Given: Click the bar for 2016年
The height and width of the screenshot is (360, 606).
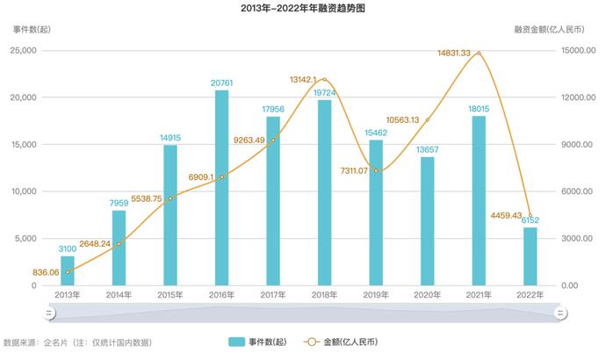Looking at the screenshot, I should [221, 188].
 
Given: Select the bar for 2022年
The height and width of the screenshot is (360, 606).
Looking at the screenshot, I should [530, 256].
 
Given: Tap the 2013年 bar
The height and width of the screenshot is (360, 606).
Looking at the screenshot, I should [68, 270].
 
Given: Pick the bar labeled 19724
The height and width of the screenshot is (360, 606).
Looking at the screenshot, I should [324, 192].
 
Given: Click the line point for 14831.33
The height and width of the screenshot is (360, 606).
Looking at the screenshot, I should [479, 54].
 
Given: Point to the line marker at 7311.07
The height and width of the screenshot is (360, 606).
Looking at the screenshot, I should [376, 170].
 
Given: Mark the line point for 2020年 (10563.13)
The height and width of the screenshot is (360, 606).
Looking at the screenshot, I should [427, 119].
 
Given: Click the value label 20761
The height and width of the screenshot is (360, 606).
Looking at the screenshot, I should [221, 83].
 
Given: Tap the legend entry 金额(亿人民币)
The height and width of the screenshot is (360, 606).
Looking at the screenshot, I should [346, 342].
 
